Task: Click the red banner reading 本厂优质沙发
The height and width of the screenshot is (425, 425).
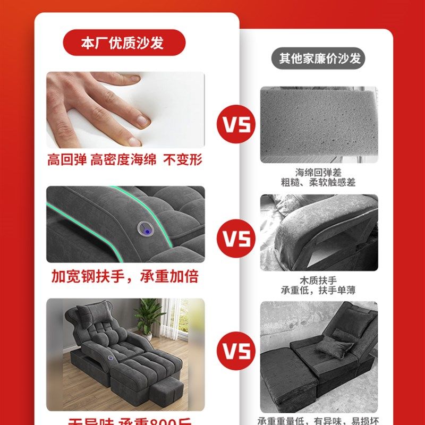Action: tap(124, 43)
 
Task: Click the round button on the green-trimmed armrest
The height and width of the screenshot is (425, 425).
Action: tap(143, 228)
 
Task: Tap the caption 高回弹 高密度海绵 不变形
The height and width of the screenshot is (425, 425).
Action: tap(125, 159)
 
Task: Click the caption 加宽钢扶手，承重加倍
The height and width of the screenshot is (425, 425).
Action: tap(125, 276)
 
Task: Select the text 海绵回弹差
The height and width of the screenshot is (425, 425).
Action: tap(319, 173)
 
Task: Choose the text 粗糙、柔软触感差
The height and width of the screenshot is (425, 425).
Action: tap(319, 182)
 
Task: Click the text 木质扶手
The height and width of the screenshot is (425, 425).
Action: tap(319, 280)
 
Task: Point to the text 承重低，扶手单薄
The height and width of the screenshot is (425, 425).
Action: tap(319, 291)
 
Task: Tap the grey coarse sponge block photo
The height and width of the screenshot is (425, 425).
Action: tap(319, 125)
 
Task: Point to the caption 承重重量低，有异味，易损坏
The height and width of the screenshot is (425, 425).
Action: tap(319, 420)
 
